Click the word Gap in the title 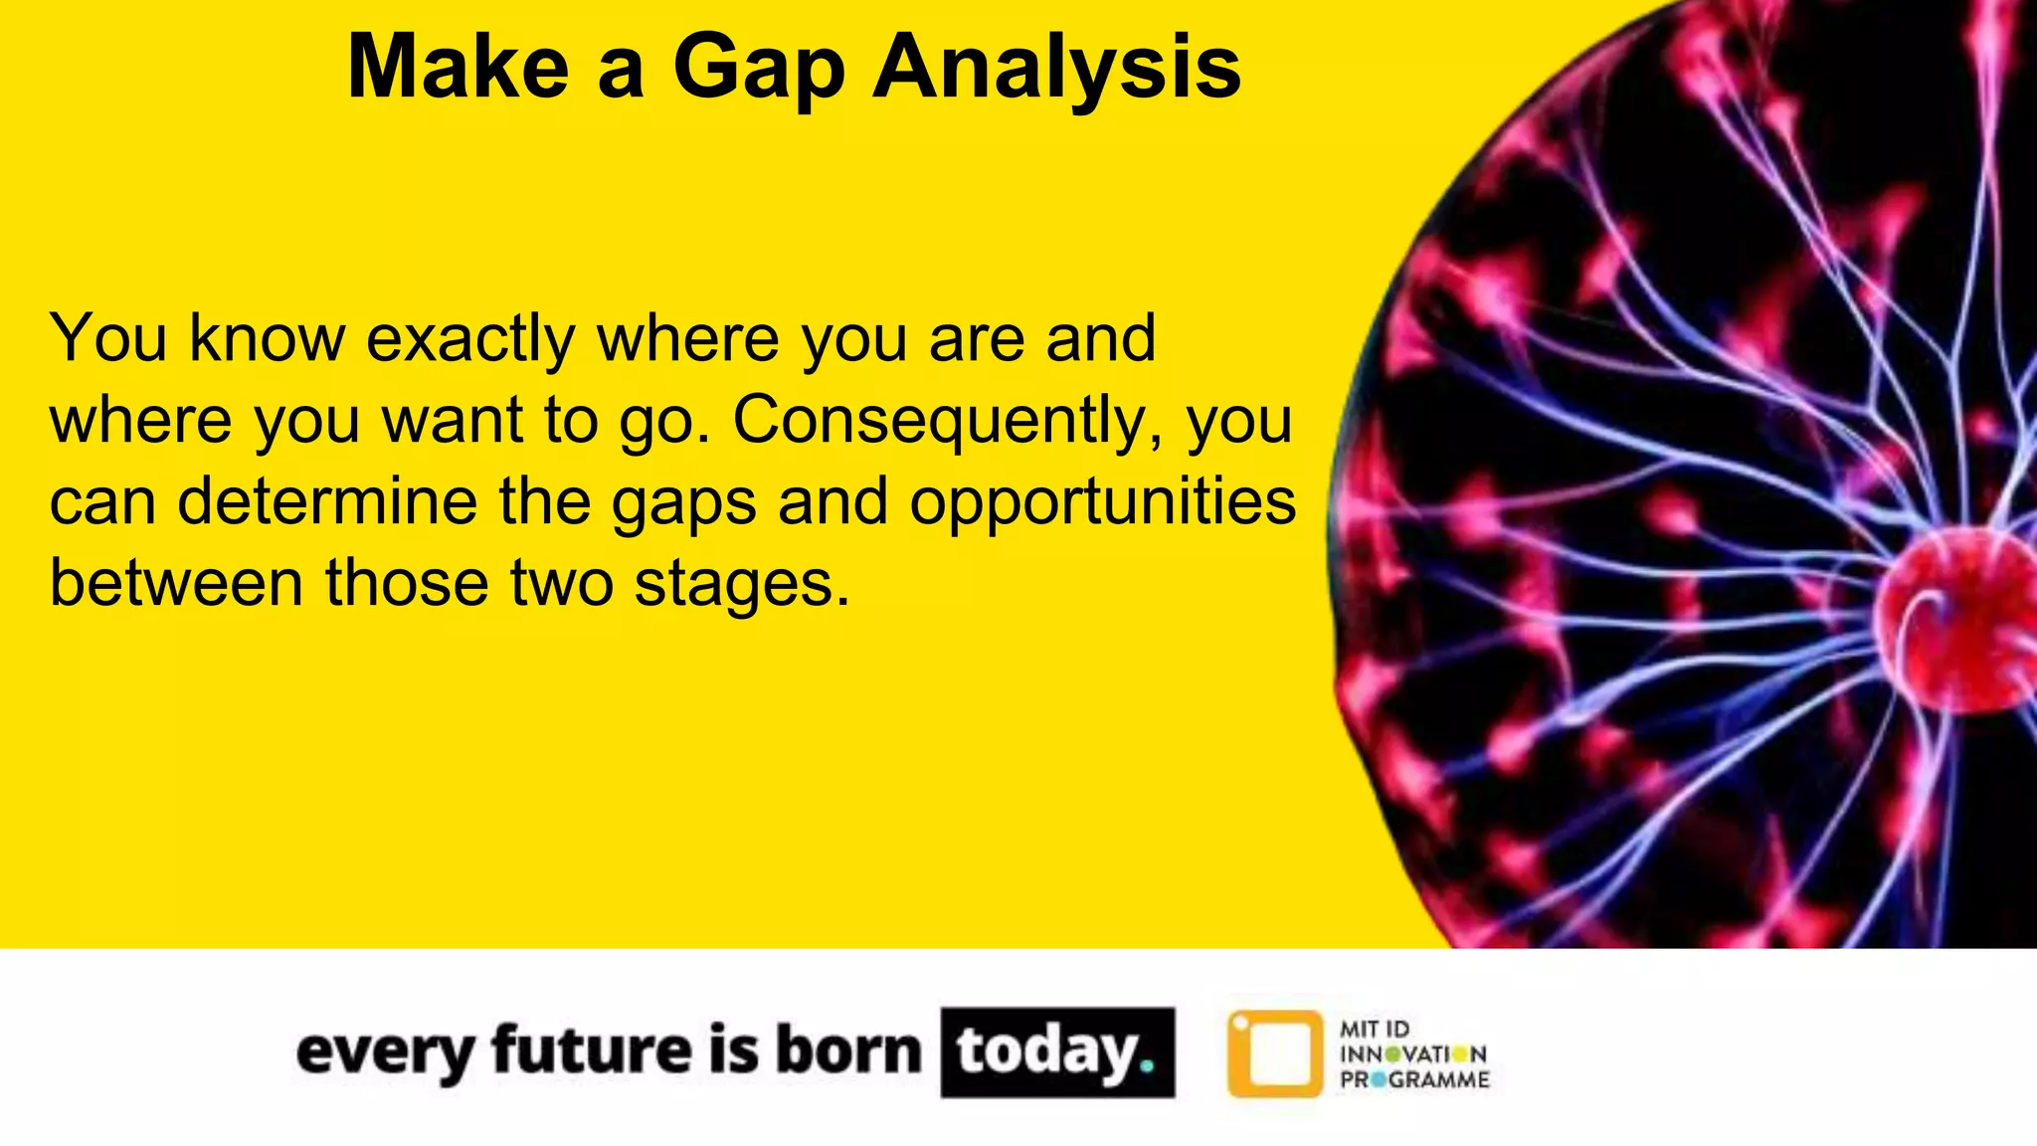(758, 68)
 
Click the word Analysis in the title (1056, 68)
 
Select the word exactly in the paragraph (470, 340)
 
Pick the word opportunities (1102, 503)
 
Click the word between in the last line (176, 583)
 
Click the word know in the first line (267, 339)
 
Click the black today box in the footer (1057, 1052)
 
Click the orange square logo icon (1275, 1053)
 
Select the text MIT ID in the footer (1374, 1029)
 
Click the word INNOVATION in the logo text (1413, 1054)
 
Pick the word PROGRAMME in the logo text (1414, 1080)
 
